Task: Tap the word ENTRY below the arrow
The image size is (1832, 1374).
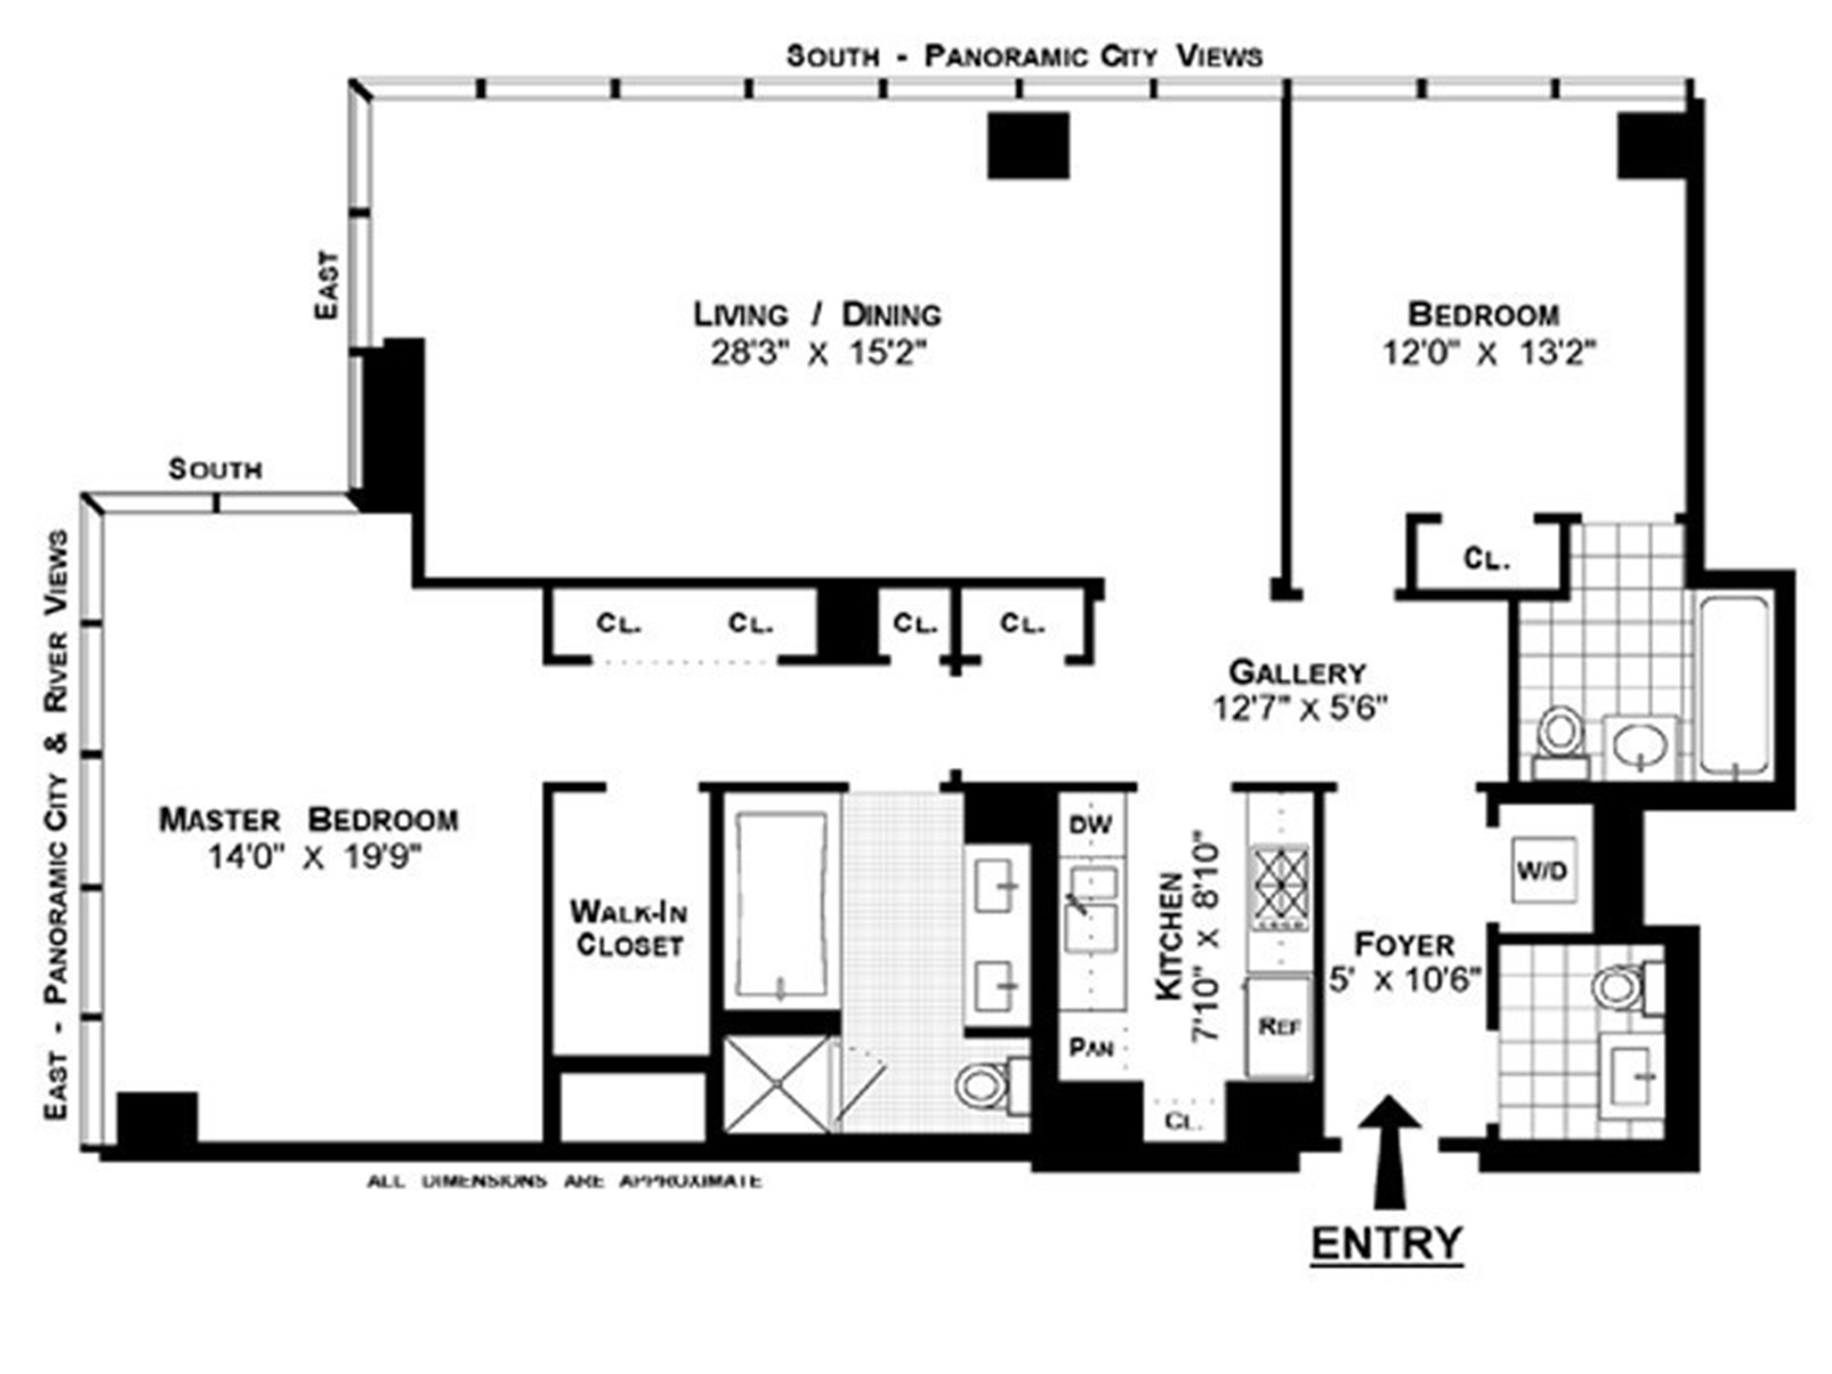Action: click(1386, 1242)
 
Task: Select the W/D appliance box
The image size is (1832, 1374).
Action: click(1543, 870)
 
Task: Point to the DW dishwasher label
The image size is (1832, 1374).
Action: click(1090, 824)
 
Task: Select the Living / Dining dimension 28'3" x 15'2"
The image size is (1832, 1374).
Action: click(818, 354)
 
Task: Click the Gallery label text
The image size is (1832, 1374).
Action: click(1297, 671)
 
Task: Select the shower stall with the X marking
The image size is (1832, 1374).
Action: click(776, 1083)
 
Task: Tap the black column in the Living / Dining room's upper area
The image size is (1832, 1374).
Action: click(1028, 146)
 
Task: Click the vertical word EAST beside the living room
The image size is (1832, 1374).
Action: click(327, 285)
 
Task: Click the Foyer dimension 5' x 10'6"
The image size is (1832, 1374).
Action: click(1404, 980)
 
